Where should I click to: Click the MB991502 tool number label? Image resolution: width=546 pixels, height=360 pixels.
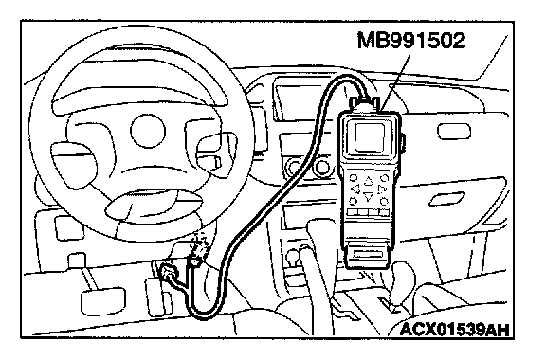pos(410,40)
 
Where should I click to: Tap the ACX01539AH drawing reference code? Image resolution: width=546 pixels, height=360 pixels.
pos(455,329)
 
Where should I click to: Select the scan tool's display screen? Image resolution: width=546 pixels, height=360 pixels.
pos(370,137)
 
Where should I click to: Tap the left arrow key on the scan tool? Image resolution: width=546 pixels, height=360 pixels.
pos(355,189)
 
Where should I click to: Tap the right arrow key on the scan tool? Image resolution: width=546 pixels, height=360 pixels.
pos(382,189)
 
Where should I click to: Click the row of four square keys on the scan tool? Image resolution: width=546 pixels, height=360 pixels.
pos(369,211)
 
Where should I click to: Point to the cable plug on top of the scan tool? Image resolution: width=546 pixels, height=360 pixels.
pos(365,103)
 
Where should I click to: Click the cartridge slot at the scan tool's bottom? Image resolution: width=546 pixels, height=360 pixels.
pos(369,254)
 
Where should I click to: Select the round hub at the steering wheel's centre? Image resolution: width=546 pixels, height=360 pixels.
pos(148,131)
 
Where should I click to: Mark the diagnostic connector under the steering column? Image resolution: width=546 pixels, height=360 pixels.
pos(169,272)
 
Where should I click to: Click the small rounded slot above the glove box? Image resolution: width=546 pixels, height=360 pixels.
pos(454,132)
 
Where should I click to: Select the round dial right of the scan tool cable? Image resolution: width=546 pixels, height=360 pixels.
pos(322,168)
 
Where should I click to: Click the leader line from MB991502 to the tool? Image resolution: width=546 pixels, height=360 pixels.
pos(395,82)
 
